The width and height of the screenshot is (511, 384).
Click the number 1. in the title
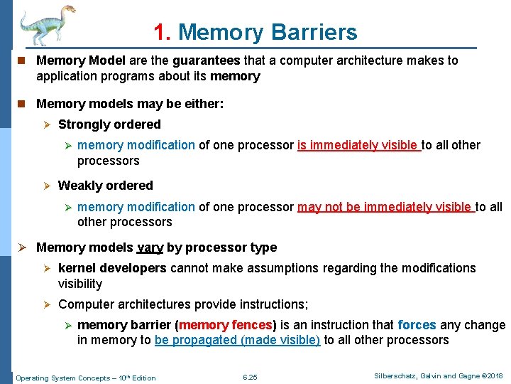pos(162,32)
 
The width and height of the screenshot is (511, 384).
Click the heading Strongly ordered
pos(109,124)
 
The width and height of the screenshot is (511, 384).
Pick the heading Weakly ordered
pos(105,186)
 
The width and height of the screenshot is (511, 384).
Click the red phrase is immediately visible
pos(358,145)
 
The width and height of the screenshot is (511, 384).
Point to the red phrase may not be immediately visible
pos(385,207)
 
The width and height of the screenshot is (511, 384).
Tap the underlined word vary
pos(149,247)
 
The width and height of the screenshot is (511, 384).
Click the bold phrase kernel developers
pos(112,268)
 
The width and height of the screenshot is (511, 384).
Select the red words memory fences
pos(229,325)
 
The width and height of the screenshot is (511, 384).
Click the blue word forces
pos(417,325)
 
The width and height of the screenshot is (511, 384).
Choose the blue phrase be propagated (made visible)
pos(237,340)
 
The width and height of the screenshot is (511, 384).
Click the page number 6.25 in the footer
pos(250,378)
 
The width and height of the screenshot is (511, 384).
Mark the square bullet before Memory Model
pos(21,61)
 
